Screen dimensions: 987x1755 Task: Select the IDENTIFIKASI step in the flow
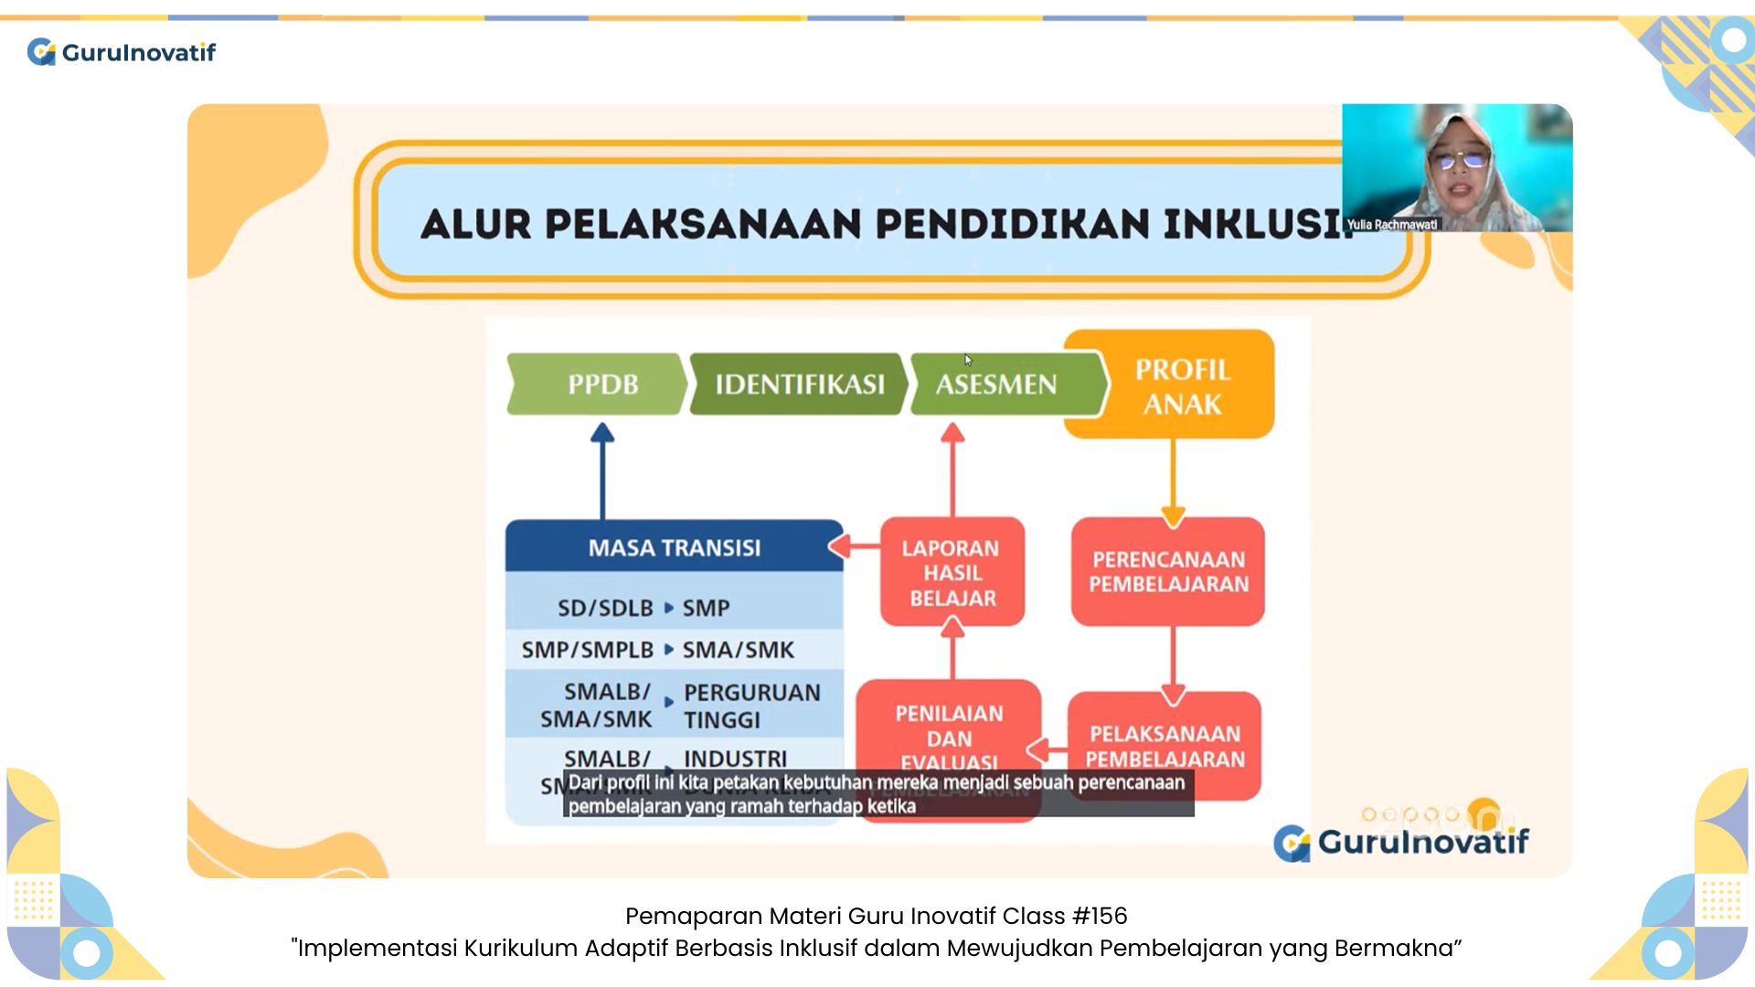click(x=799, y=384)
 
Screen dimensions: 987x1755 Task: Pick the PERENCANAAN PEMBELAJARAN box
click(x=1168, y=572)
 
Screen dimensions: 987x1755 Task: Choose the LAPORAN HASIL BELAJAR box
click(x=952, y=573)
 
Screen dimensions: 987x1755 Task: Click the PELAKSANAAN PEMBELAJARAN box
click(x=1165, y=747)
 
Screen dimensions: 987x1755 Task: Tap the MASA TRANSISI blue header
click(x=674, y=547)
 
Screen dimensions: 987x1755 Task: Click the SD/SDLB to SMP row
click(x=674, y=608)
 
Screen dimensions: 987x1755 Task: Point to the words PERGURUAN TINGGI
click(x=751, y=706)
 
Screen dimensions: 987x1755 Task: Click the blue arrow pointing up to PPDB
click(x=602, y=471)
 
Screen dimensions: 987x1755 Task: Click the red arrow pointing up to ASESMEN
click(x=952, y=471)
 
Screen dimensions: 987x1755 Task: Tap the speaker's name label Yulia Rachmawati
click(x=1391, y=224)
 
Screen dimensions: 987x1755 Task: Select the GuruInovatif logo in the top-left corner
click(x=122, y=52)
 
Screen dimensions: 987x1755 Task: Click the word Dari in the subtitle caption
click(x=585, y=783)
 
